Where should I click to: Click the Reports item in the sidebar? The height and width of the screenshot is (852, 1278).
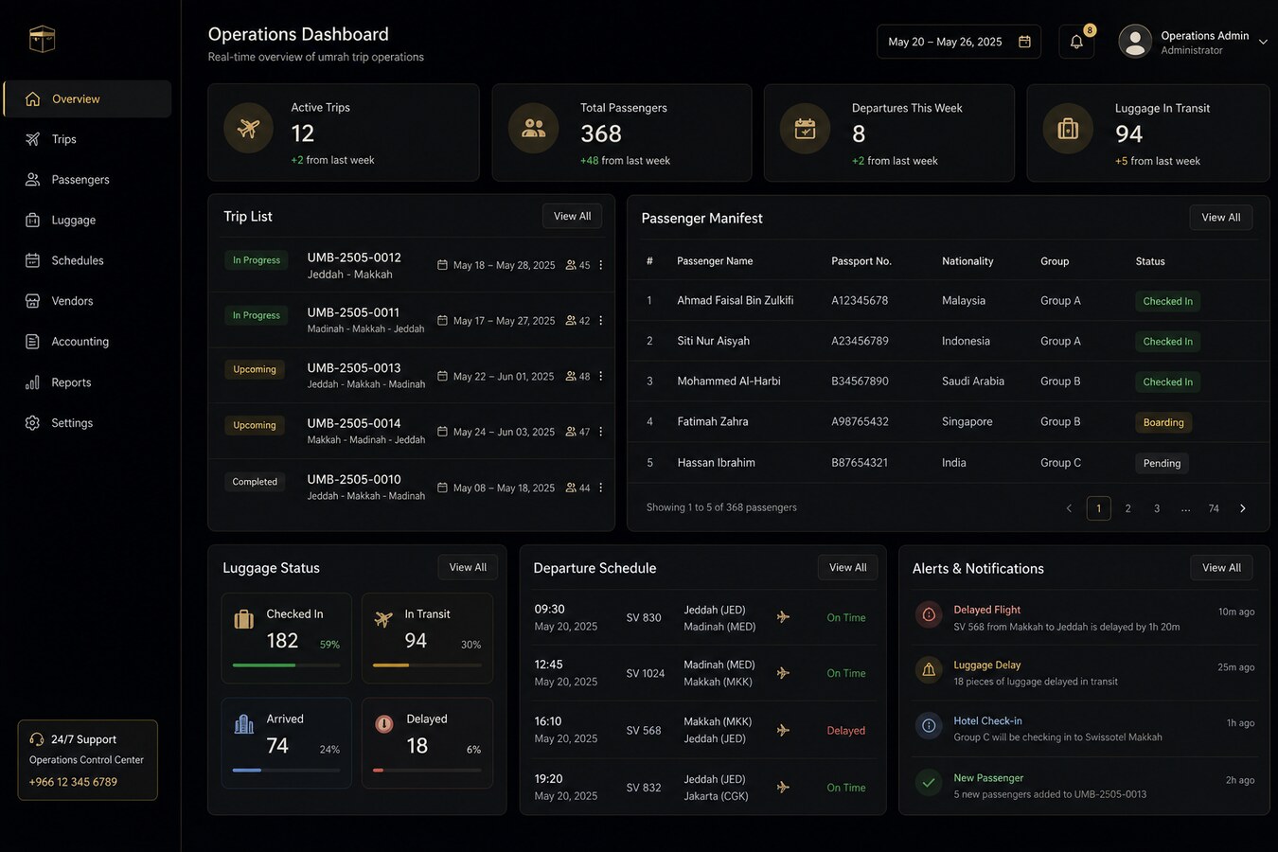(x=71, y=382)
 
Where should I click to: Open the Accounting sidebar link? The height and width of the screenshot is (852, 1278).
(x=80, y=341)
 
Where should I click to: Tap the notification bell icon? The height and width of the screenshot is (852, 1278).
(x=1076, y=42)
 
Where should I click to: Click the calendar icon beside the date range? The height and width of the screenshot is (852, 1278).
(x=1024, y=42)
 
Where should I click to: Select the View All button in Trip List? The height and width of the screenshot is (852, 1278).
(x=572, y=216)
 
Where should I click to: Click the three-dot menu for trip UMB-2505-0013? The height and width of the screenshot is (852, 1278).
(x=601, y=376)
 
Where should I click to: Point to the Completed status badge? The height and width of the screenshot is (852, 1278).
(x=255, y=482)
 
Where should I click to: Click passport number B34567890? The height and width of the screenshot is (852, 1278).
(x=860, y=382)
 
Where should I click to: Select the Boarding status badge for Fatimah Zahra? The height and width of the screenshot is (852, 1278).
(x=1163, y=422)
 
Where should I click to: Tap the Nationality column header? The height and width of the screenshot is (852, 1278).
(x=967, y=261)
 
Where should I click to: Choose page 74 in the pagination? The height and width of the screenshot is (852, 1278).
(x=1214, y=508)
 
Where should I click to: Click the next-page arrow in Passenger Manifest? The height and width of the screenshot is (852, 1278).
(x=1243, y=508)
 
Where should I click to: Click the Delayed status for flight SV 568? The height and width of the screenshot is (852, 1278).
(x=845, y=731)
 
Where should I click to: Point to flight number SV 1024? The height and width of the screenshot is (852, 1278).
(x=646, y=673)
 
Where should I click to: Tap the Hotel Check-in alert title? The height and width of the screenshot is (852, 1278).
(x=987, y=720)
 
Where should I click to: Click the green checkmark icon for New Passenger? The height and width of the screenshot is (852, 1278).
(x=929, y=782)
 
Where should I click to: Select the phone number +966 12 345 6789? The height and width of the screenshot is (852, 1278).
(x=73, y=782)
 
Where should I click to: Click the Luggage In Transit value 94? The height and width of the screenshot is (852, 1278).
(x=1128, y=134)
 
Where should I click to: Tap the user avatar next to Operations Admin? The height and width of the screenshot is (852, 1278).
(x=1135, y=42)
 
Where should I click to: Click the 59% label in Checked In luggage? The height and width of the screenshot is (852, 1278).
(x=329, y=645)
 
